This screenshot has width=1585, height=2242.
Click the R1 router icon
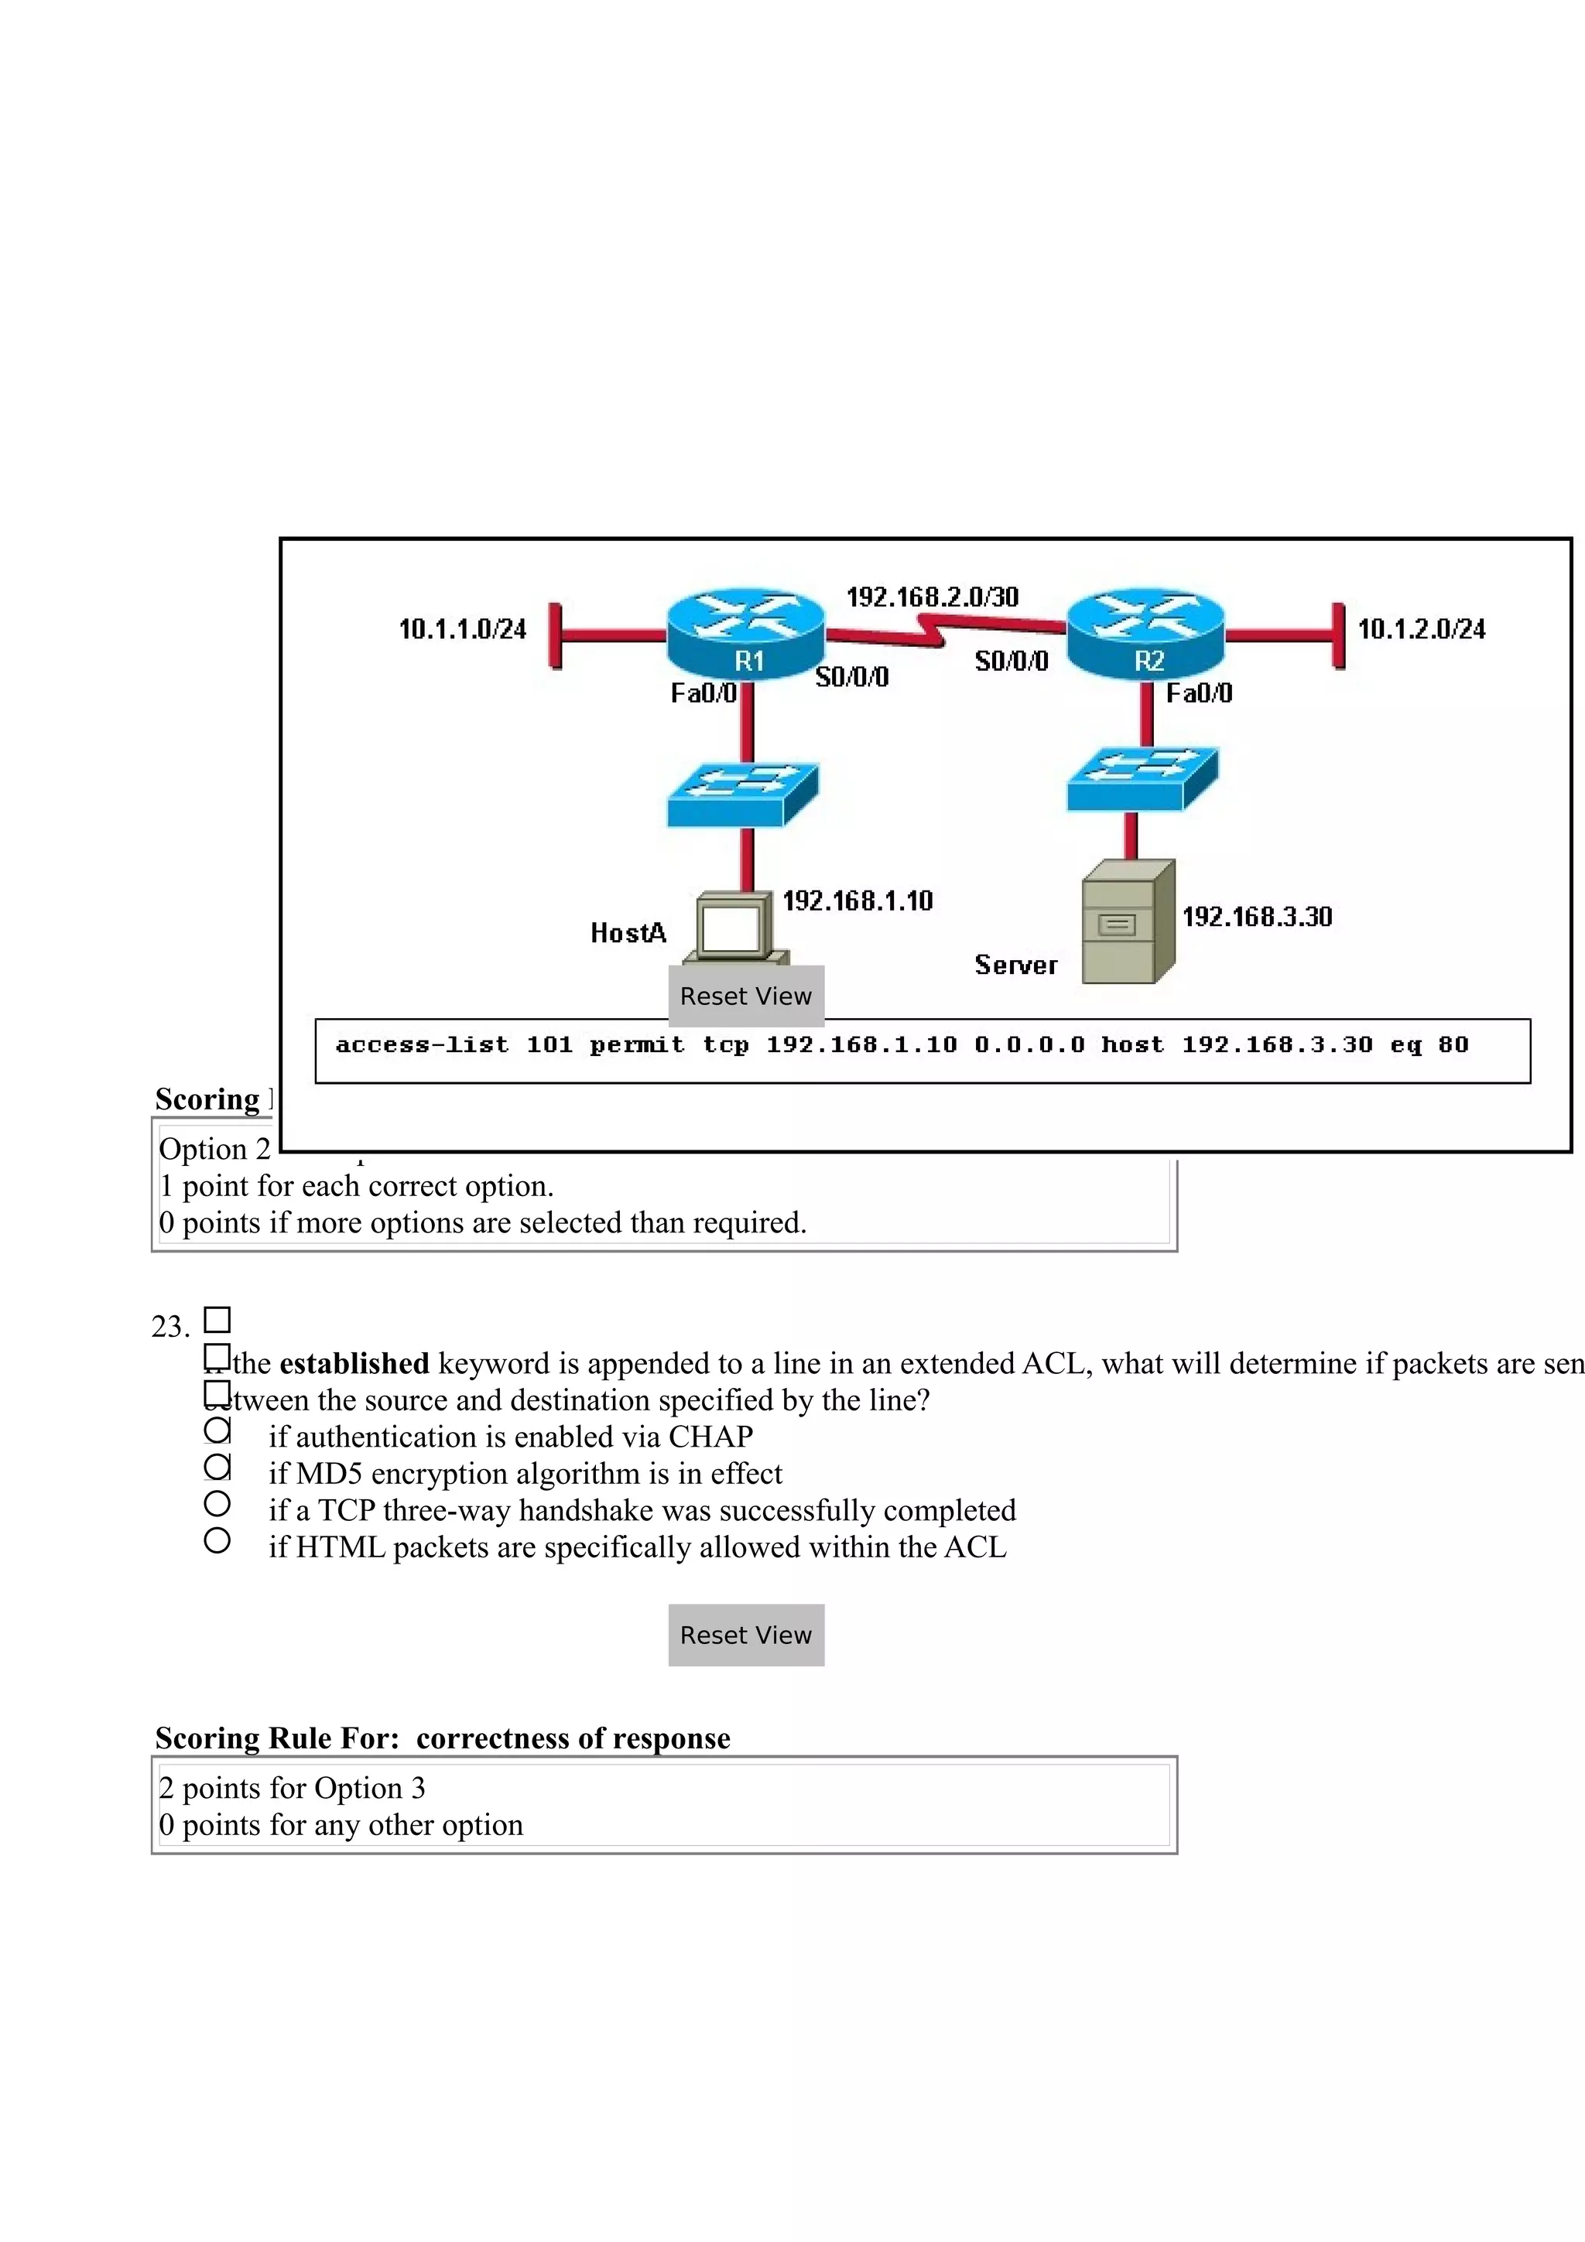click(746, 633)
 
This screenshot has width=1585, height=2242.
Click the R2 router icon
click(1145, 633)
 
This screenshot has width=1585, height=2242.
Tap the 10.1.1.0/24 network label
click(462, 629)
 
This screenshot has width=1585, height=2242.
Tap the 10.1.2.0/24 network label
click(1421, 629)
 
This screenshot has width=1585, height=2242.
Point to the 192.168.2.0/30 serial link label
click(932, 596)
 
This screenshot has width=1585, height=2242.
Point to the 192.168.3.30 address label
click(1257, 917)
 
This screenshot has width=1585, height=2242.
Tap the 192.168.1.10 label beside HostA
click(858, 901)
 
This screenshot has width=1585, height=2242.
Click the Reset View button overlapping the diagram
click(746, 996)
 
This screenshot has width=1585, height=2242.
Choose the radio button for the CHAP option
click(217, 1430)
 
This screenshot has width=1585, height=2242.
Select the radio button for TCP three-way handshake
click(217, 1504)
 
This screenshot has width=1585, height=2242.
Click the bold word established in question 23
click(354, 1363)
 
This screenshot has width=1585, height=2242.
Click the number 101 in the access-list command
click(549, 1045)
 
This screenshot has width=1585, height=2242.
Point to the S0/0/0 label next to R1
click(851, 677)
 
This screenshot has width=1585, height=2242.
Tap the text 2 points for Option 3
click(292, 1788)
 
